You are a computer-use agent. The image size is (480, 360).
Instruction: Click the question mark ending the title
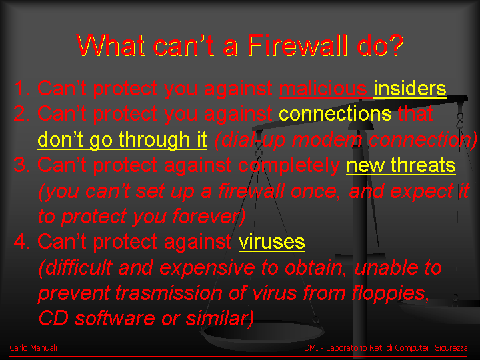395,45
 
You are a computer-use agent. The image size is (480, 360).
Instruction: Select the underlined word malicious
323,89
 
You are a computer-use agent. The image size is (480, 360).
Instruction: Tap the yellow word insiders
409,89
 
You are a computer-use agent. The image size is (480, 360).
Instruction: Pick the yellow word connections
335,114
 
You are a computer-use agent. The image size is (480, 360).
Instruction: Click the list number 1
22,89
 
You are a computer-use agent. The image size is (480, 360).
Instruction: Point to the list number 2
22,114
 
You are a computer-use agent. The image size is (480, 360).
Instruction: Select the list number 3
22,165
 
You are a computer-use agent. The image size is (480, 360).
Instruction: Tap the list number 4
22,241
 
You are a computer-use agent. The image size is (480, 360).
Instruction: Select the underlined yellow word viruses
271,242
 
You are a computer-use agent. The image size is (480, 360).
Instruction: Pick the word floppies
389,293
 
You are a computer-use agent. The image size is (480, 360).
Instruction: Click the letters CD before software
53,319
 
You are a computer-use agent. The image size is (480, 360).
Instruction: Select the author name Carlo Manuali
33,348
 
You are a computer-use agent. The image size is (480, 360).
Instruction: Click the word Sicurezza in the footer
451,348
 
